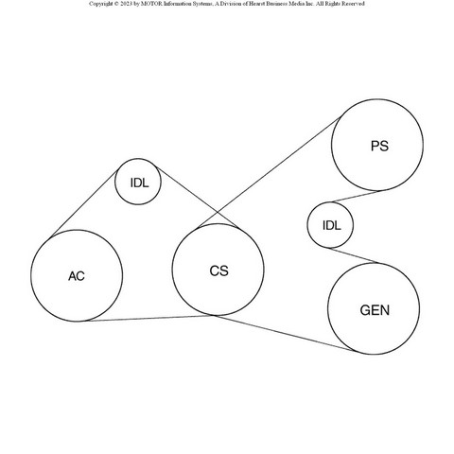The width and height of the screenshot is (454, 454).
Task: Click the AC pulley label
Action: click(x=77, y=276)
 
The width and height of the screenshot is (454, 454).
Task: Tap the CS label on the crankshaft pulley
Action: click(x=218, y=271)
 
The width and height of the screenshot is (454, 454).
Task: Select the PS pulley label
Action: click(x=379, y=146)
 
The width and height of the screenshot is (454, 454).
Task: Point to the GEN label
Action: click(x=375, y=310)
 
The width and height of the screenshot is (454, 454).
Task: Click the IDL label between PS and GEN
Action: click(x=331, y=225)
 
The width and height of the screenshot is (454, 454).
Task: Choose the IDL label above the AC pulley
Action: click(x=139, y=183)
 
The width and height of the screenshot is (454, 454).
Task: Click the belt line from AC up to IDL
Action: click(x=84, y=203)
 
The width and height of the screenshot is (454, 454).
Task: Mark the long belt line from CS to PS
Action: click(x=269, y=172)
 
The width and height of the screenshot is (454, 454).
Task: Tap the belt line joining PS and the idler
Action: click(x=356, y=196)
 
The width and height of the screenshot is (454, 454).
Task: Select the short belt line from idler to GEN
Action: click(x=353, y=255)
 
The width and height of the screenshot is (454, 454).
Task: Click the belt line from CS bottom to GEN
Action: click(x=284, y=333)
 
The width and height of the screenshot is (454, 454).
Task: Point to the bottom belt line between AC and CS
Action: click(x=149, y=318)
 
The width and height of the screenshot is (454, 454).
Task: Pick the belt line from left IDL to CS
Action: click(x=197, y=197)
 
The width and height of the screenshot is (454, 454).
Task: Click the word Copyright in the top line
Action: click(x=101, y=4)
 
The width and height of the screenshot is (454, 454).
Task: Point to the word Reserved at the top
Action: click(x=353, y=4)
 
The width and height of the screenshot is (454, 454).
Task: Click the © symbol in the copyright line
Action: click(x=116, y=4)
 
